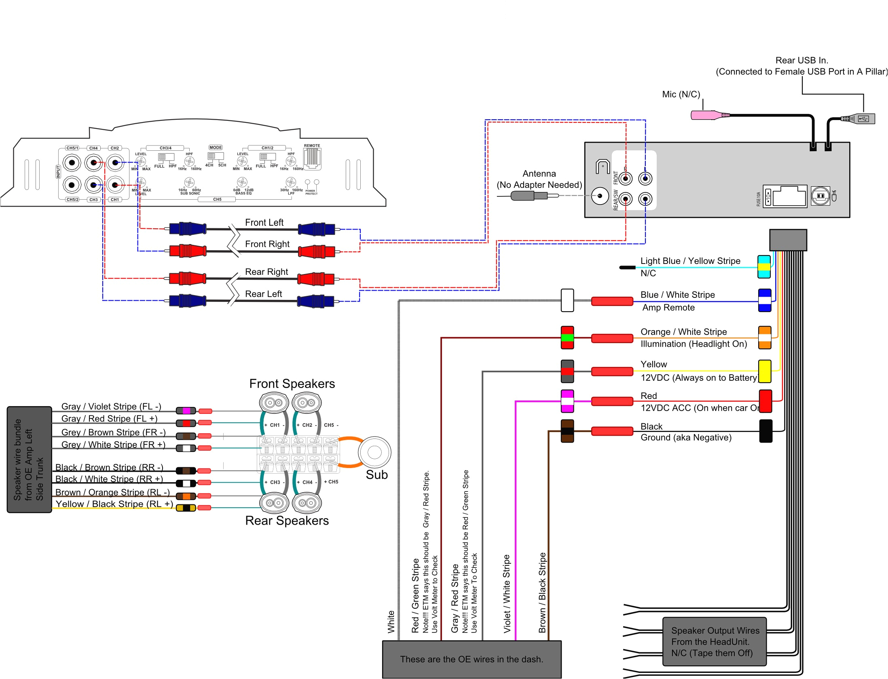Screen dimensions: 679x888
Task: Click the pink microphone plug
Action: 706,115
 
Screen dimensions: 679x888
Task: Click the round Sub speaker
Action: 374,452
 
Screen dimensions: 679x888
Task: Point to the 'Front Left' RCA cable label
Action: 264,222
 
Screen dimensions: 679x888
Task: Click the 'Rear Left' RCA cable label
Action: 263,294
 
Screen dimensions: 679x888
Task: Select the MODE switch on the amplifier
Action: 216,156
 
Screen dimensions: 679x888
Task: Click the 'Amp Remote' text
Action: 668,308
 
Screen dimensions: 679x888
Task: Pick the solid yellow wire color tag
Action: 764,371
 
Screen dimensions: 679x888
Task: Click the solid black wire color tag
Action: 765,431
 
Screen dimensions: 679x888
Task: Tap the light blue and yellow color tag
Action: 764,267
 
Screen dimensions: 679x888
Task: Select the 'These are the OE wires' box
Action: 471,659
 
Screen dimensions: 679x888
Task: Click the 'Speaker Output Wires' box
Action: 715,641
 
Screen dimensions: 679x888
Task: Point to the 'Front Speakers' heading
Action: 292,384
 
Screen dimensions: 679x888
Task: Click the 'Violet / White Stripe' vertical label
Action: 507,593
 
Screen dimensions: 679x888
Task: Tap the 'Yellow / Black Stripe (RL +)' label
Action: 114,504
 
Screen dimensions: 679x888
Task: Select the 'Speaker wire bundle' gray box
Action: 29,460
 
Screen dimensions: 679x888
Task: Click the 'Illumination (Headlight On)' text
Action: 693,344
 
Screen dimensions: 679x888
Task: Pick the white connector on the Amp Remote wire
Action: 567,300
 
